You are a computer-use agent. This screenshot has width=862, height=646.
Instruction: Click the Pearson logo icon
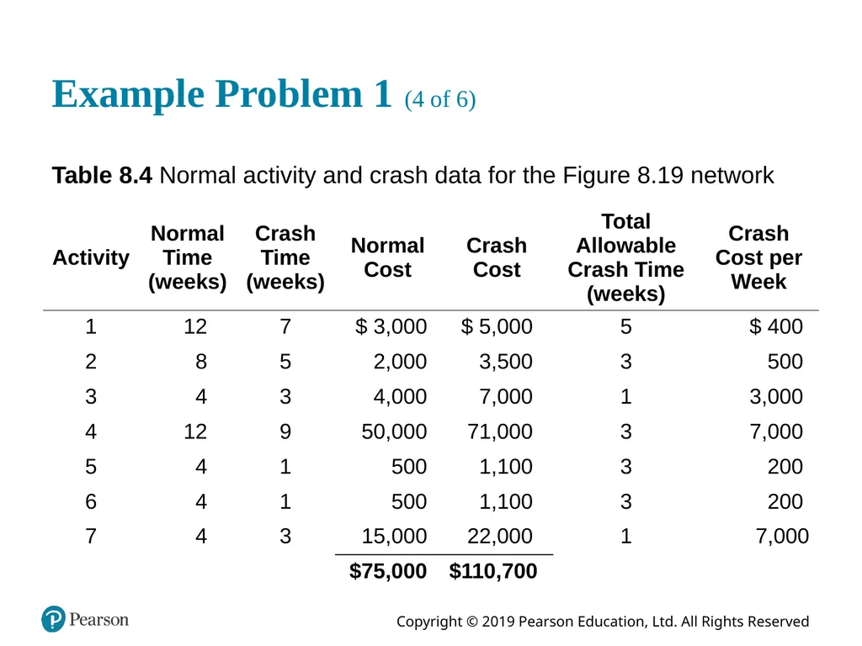(53, 619)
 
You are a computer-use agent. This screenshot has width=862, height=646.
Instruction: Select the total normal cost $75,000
(388, 571)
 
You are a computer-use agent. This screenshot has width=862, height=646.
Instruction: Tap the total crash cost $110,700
(493, 571)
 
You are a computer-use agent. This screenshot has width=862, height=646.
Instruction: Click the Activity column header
(91, 257)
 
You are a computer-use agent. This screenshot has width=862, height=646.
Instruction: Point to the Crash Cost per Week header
(758, 257)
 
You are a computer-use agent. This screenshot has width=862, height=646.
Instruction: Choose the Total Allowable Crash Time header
(625, 257)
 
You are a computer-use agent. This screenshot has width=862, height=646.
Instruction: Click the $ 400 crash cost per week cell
(775, 326)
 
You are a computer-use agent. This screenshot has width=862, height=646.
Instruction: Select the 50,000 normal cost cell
(394, 432)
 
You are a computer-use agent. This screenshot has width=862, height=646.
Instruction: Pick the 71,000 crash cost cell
(500, 432)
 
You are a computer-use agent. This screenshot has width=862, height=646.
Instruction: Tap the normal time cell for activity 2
(201, 362)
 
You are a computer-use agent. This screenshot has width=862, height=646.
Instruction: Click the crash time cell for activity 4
(285, 432)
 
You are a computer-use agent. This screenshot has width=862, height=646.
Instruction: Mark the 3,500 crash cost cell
(506, 362)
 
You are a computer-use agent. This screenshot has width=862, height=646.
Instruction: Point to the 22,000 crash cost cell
(500, 536)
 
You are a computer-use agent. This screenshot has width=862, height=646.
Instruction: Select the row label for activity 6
(91, 501)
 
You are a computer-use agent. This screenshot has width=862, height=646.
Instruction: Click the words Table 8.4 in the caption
(102, 176)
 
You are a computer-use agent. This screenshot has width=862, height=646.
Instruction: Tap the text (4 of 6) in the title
(439, 99)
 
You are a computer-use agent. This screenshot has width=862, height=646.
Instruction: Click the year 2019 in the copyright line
(498, 622)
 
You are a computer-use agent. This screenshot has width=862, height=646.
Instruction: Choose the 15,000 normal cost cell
(394, 536)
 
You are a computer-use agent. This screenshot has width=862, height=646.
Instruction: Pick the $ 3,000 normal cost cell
(391, 326)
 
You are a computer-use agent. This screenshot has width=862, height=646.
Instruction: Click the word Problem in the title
(289, 94)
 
